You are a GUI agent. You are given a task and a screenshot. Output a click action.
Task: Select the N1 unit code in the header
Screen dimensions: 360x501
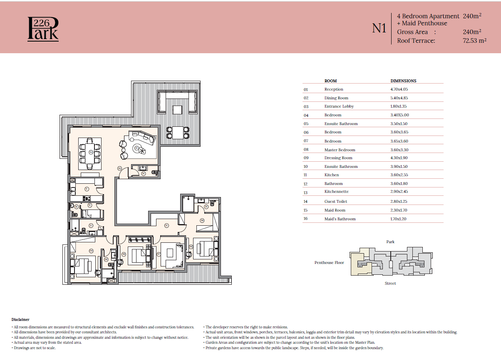379,28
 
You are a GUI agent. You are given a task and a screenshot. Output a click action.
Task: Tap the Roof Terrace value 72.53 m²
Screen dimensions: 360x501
474,41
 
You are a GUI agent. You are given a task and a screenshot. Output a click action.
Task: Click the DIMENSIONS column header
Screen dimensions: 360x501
403,81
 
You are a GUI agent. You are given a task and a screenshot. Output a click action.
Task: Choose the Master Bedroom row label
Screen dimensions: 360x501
340,150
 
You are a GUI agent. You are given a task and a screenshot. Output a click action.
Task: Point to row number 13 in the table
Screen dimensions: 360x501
306,192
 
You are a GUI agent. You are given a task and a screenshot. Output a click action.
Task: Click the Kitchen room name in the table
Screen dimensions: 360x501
332,175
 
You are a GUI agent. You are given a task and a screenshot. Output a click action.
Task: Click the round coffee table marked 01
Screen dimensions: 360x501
137,148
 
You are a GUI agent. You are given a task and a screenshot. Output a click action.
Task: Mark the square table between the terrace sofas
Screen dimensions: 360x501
177,110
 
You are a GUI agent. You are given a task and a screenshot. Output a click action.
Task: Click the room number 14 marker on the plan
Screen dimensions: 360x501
143,174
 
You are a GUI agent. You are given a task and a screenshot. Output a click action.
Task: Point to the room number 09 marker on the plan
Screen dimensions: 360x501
202,220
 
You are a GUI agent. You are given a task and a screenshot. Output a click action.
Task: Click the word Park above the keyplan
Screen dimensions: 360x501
390,242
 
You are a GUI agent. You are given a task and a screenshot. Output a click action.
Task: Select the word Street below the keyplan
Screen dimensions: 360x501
390,284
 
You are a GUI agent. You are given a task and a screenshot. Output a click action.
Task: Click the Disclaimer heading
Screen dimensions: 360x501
20,320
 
